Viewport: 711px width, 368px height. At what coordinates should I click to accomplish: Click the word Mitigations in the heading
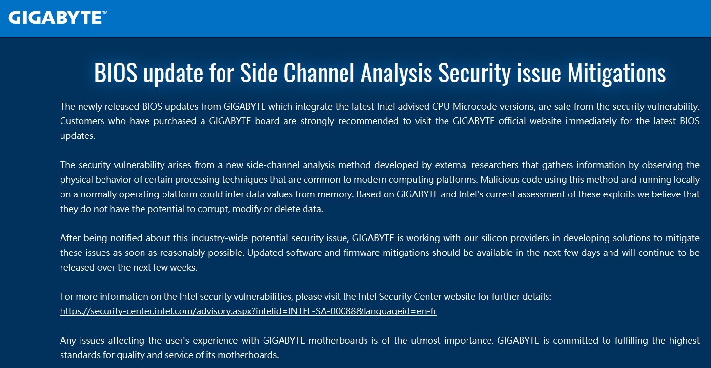point(616,73)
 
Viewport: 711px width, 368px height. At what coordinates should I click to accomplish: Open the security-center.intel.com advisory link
point(248,311)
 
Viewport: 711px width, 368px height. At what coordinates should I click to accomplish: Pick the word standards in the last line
point(80,355)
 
